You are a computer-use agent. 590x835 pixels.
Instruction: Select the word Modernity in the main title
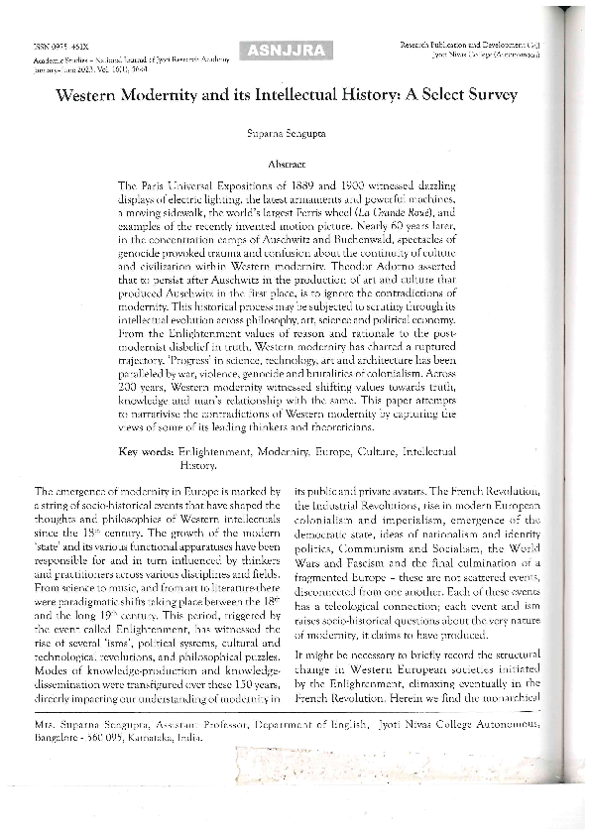(153, 96)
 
